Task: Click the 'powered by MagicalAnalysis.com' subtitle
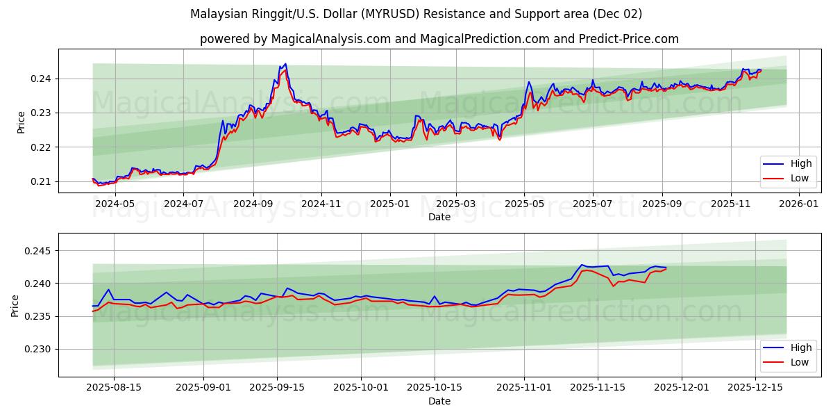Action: click(439, 39)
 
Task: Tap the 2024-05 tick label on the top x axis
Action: click(115, 204)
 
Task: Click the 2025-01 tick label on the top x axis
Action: click(389, 204)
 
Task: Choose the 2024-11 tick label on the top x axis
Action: click(321, 204)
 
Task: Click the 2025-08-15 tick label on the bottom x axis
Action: click(115, 388)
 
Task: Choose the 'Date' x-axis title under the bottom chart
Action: click(439, 401)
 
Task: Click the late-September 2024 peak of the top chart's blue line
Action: click(285, 64)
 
